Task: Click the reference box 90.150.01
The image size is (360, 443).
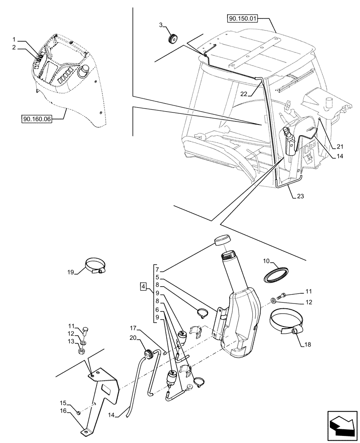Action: tap(243, 19)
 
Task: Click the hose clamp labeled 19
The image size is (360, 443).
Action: tap(94, 266)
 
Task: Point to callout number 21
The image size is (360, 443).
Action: tap(340, 147)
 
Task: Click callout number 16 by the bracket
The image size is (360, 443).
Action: tap(63, 411)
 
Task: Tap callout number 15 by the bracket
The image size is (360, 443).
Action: tap(63, 403)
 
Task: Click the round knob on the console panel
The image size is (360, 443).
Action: tap(83, 71)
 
